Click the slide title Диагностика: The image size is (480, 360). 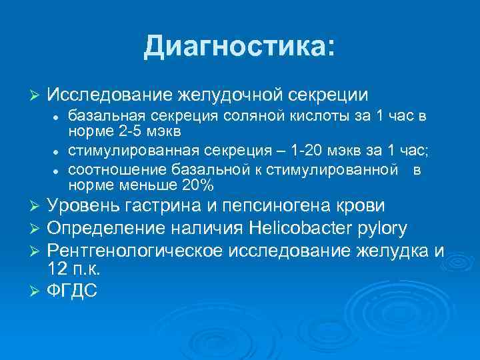click(x=239, y=46)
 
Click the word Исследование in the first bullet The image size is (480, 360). click(x=110, y=94)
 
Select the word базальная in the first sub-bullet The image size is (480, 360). click(x=103, y=117)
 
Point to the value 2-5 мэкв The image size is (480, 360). click(x=137, y=130)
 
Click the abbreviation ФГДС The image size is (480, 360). click(x=72, y=292)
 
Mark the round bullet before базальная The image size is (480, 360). click(x=59, y=118)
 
